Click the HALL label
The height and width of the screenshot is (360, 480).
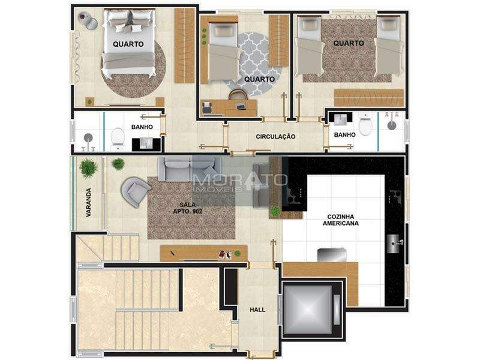pos(257,310)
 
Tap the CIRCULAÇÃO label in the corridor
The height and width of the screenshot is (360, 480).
pos(275,137)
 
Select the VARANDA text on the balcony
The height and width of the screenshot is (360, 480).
pos(88,202)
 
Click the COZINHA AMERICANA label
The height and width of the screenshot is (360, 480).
pos(340,220)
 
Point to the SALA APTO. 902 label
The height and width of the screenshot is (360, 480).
pos(188,208)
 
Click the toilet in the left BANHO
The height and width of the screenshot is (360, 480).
pos(117,140)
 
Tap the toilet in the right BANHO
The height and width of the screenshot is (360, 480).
pos(365,124)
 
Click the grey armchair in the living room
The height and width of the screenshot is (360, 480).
pos(136,192)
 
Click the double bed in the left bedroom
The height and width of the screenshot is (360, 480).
pos(128,43)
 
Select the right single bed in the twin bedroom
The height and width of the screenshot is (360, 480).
pos(388,46)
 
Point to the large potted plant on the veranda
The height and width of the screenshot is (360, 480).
pos(89,168)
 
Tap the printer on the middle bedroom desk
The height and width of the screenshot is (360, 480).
pos(207,108)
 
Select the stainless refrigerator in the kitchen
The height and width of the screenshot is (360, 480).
pos(332,256)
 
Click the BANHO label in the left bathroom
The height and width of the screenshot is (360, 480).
pos(142,127)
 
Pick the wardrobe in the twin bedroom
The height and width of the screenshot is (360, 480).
pos(368,98)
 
